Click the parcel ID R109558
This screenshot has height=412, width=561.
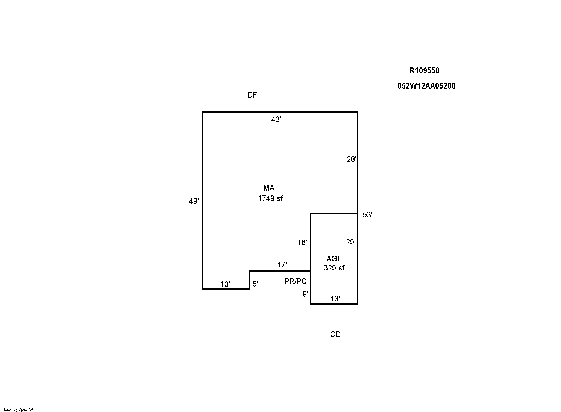[424, 70]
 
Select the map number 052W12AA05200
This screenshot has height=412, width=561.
[426, 86]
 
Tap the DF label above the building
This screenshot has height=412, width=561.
[252, 95]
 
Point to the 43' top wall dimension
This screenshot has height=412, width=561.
[276, 119]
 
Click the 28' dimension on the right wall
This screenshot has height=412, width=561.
[352, 159]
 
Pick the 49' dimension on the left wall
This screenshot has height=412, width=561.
[194, 201]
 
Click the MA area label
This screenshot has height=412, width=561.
[269, 188]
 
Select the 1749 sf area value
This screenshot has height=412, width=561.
[270, 199]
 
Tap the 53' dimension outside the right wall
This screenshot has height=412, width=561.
[368, 215]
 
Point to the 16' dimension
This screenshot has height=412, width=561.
[302, 243]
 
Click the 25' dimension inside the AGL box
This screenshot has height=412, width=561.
[351, 242]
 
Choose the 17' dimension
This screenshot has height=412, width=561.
[282, 265]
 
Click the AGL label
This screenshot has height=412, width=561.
[334, 259]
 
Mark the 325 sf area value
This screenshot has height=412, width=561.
[334, 268]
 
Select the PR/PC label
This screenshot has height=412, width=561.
[296, 281]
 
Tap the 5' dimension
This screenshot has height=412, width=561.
[255, 284]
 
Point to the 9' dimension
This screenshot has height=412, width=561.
[306, 294]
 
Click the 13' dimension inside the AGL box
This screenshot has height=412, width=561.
[335, 299]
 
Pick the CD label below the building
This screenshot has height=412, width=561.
[335, 334]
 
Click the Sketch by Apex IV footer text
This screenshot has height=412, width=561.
[18, 409]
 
